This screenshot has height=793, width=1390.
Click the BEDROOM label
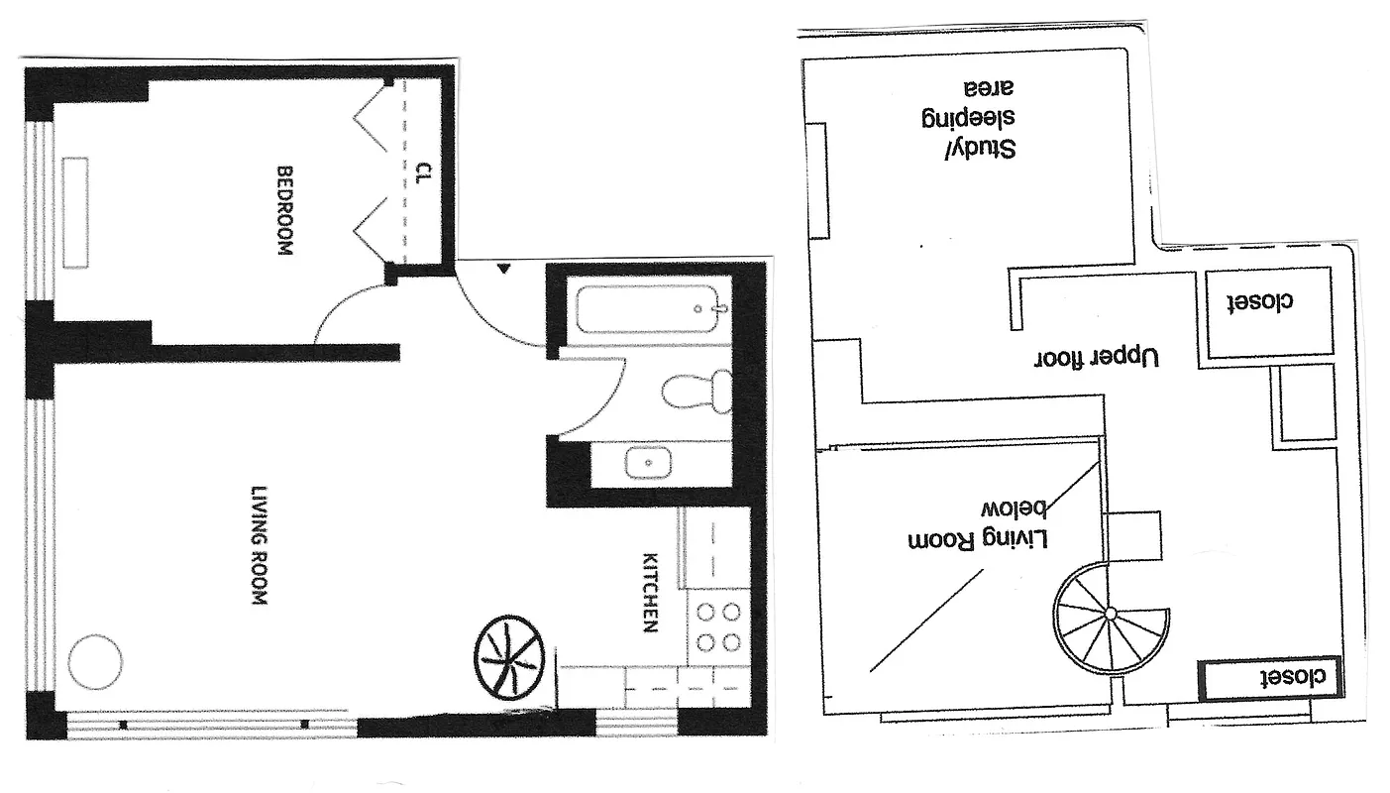(x=284, y=211)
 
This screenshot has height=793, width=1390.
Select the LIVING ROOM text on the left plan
(x=260, y=545)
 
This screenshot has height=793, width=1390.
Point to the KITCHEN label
(x=651, y=592)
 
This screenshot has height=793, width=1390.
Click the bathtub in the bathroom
(x=649, y=308)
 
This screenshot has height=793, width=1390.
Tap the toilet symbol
(x=696, y=391)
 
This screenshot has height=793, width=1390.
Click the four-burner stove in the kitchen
(x=718, y=626)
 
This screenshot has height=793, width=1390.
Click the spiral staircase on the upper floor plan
(x=1110, y=615)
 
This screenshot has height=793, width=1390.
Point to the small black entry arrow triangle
(x=504, y=268)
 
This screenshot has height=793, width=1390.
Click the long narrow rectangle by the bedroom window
(x=77, y=211)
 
